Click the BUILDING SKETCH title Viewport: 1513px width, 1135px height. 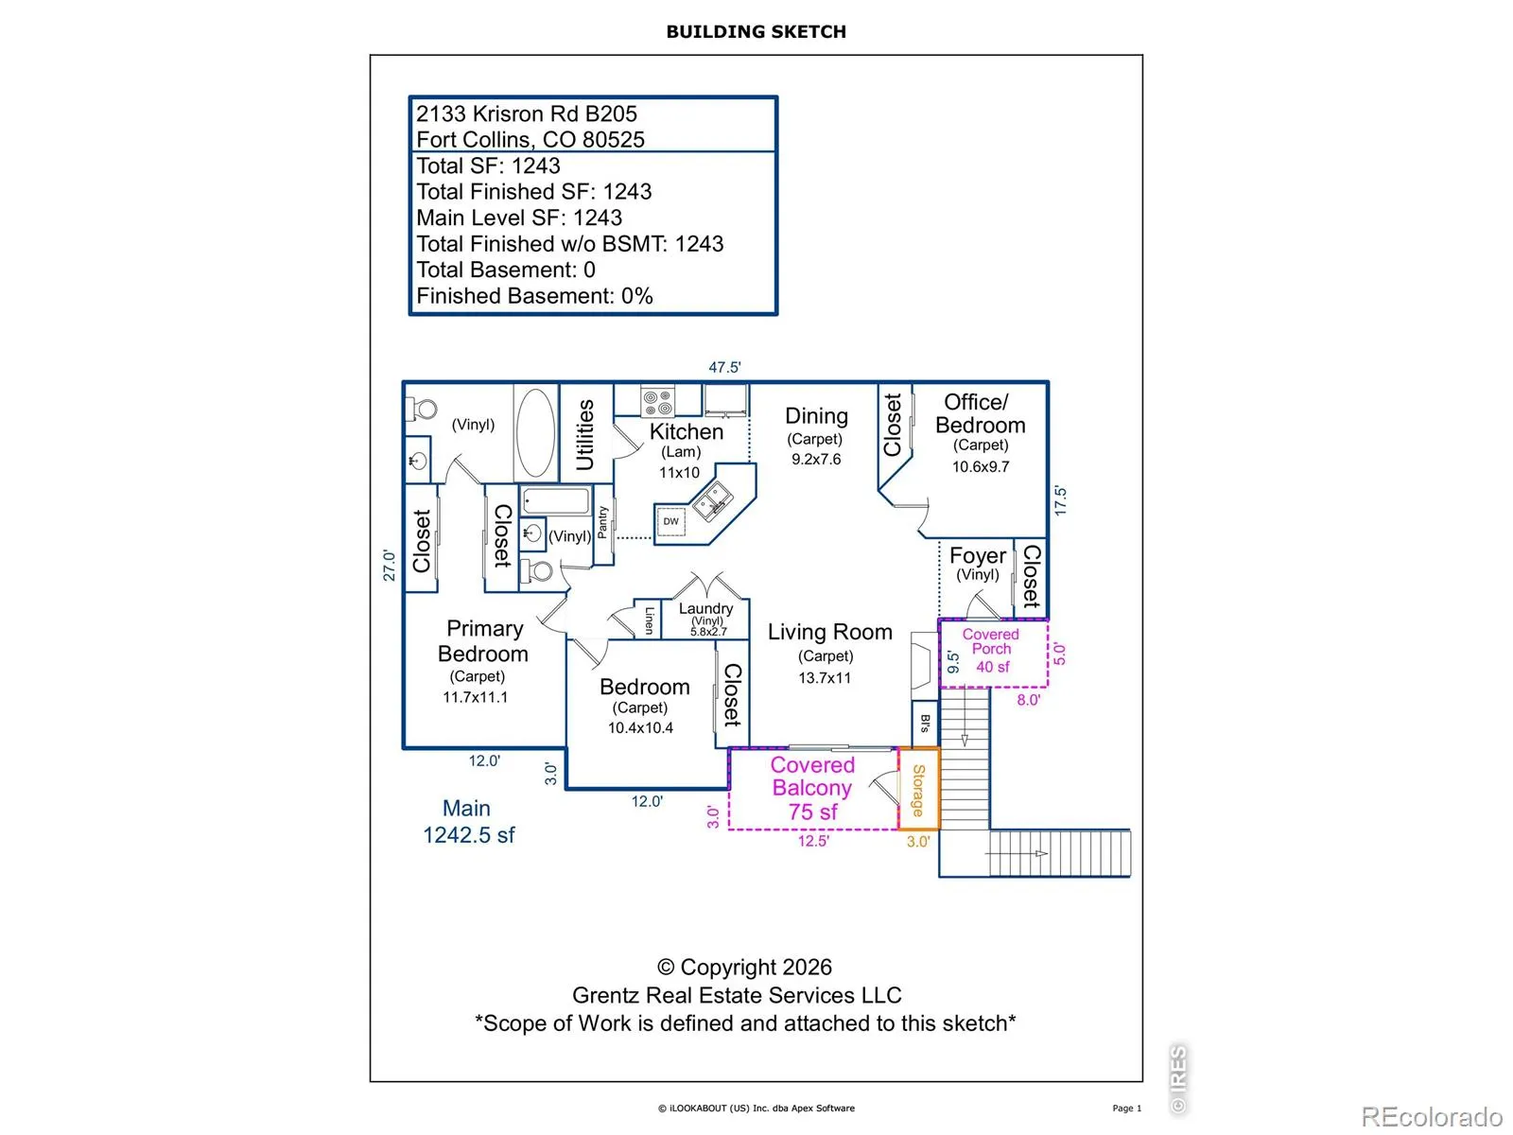point(756,32)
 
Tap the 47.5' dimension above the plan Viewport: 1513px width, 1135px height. point(724,367)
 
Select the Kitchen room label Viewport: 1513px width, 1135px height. point(686,431)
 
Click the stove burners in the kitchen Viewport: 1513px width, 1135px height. point(657,403)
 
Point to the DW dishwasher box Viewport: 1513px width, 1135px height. point(670,522)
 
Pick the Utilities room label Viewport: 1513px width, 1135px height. point(583,435)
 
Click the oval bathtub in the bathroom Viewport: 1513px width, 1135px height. point(535,433)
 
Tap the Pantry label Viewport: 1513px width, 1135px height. point(602,522)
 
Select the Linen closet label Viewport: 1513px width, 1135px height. point(649,620)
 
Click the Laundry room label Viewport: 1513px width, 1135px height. point(705,608)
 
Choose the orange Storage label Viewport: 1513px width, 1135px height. point(918,791)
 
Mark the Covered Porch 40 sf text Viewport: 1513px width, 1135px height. point(991,650)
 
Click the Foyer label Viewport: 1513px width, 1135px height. point(978,555)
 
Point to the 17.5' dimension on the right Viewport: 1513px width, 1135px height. point(1060,501)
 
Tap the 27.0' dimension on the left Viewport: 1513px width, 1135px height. point(390,565)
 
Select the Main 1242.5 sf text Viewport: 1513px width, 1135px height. point(469,821)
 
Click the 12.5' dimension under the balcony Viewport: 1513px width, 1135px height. point(813,841)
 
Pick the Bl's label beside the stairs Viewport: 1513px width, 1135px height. point(925,724)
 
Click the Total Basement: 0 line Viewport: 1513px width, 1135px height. point(505,270)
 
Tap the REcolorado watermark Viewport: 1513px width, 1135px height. point(1432,1116)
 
